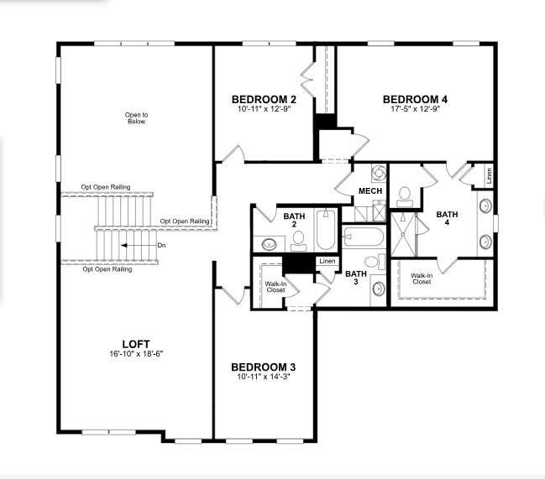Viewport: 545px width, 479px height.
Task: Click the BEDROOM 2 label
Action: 264,100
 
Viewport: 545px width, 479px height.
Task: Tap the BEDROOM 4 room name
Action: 415,98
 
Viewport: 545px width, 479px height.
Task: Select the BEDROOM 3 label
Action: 263,367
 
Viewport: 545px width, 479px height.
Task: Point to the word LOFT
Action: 136,343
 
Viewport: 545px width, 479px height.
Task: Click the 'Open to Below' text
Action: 136,118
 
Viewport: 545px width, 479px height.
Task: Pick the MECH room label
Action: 370,191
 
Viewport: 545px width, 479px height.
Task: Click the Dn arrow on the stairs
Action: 134,246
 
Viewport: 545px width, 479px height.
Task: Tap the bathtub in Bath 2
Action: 326,229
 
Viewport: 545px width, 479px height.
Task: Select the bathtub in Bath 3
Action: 363,238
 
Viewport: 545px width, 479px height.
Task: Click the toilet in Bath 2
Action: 298,241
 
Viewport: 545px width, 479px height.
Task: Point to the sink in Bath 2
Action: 270,244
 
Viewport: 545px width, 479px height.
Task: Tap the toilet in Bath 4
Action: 404,195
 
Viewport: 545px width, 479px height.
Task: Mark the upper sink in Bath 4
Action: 485,206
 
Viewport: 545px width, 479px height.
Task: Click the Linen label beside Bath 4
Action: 489,176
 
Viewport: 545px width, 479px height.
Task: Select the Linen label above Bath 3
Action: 327,261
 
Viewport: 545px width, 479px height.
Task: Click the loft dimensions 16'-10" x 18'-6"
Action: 136,354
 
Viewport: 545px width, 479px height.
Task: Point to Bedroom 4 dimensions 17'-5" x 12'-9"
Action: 415,108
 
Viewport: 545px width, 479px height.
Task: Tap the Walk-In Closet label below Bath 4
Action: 422,279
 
